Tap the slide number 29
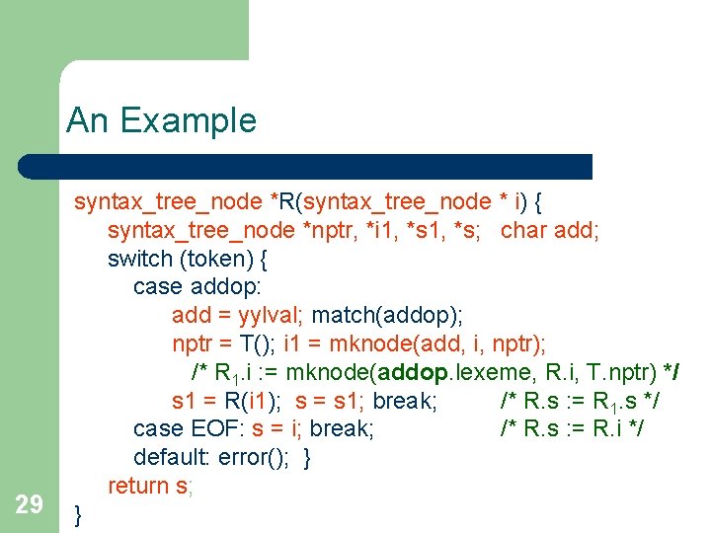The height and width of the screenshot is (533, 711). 30,505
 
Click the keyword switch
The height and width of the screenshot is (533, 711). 138,259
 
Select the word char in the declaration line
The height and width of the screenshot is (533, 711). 522,231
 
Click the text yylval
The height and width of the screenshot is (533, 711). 273,316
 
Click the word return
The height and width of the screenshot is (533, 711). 138,486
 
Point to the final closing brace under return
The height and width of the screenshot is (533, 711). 79,513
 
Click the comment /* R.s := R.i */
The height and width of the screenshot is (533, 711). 573,429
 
